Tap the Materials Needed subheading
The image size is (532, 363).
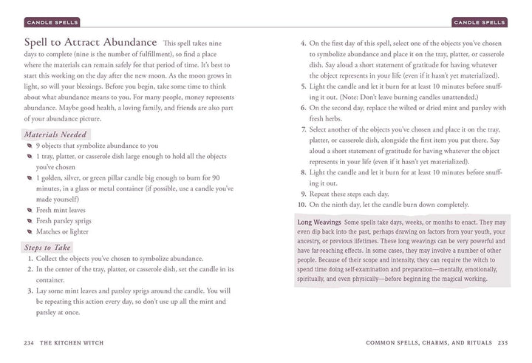55,134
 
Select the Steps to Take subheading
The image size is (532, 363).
49,247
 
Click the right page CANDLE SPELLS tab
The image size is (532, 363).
480,21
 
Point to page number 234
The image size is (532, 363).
29,342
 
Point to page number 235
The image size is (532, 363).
502,342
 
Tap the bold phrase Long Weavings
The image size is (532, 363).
318,222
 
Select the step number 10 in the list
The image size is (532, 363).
301,204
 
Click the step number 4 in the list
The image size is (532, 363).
303,43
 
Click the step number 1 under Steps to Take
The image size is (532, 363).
29,258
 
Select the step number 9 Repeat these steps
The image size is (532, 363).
303,193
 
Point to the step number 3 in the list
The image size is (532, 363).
29,291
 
